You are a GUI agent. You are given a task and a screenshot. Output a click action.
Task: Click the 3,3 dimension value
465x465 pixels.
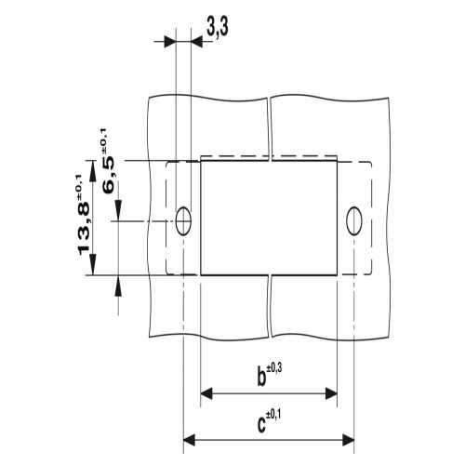point(218,30)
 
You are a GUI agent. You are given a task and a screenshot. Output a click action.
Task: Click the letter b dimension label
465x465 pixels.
point(262,378)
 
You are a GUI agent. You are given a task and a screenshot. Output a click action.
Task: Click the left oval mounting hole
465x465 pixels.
point(183,220)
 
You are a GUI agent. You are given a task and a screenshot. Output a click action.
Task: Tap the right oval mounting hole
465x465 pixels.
point(353,220)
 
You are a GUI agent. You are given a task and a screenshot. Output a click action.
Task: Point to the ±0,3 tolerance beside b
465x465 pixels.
point(275,370)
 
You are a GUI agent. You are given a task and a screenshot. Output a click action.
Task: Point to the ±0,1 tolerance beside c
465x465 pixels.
point(275,416)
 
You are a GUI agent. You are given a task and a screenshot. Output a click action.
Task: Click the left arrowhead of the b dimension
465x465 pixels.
point(207,393)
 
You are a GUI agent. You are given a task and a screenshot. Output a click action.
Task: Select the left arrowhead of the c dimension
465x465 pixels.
point(190,439)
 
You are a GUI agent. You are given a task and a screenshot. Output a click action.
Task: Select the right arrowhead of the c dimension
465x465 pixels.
point(347,439)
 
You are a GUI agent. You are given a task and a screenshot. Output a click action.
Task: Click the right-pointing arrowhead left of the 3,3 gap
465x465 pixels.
point(169,41)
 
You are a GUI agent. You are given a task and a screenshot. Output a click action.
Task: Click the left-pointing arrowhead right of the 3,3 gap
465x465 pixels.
point(196,41)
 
